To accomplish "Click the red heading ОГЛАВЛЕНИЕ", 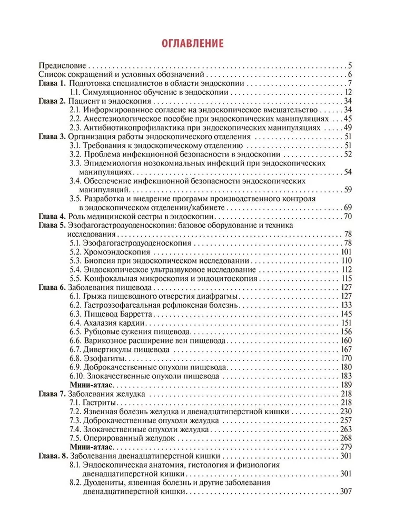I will tap(192, 43).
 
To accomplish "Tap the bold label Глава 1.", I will tap(52, 84).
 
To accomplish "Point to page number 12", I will tap(347, 93).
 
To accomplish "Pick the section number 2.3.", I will tap(76, 127).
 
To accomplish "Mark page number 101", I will tap(345, 252).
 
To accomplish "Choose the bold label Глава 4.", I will tap(52, 216).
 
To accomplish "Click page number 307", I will tap(345, 492).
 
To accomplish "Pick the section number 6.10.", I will tap(77, 376).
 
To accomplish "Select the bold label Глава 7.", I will tap(52, 394).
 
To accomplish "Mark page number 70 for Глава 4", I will tap(347, 216).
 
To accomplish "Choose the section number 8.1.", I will tap(76, 465).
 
